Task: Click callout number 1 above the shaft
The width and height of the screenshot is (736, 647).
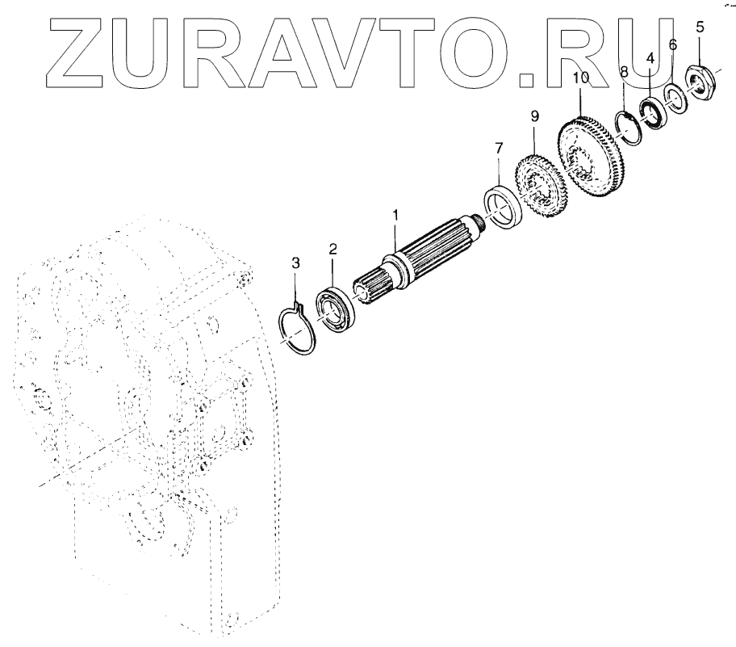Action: (395, 216)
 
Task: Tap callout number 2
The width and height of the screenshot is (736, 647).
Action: (332, 249)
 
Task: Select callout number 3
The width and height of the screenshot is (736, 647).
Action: (295, 263)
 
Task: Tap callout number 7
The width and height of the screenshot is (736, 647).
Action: (498, 148)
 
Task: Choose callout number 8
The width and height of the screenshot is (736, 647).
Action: (624, 73)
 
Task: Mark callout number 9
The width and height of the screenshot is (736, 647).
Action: (533, 116)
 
